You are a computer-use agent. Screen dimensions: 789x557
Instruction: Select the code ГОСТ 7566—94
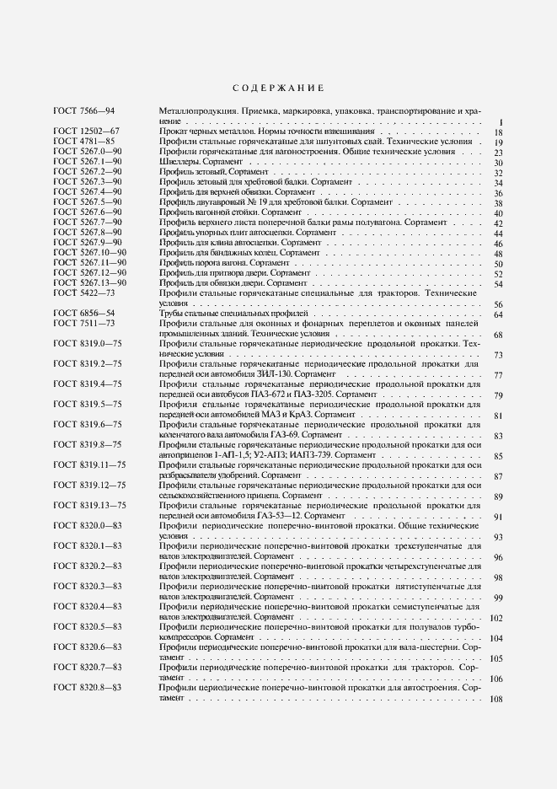(83, 112)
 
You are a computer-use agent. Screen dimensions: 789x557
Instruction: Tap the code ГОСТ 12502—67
(86, 132)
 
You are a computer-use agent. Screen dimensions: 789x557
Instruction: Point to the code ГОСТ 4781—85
(83, 142)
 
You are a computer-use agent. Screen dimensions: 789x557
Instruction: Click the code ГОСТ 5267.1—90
(88, 162)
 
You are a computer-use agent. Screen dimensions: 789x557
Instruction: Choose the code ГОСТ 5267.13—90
(90, 283)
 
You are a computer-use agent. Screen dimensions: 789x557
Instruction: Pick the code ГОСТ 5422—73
(83, 293)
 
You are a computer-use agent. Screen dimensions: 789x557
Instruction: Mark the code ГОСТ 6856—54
(83, 314)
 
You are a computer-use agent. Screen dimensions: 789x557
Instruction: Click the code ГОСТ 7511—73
(83, 324)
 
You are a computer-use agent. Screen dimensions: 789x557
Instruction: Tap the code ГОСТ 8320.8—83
(88, 688)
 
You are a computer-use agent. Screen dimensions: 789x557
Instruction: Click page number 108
(495, 699)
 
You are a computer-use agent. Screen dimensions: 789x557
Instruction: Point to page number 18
(498, 132)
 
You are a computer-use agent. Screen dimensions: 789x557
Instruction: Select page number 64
(498, 314)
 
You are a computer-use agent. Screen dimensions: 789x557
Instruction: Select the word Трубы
(172, 314)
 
